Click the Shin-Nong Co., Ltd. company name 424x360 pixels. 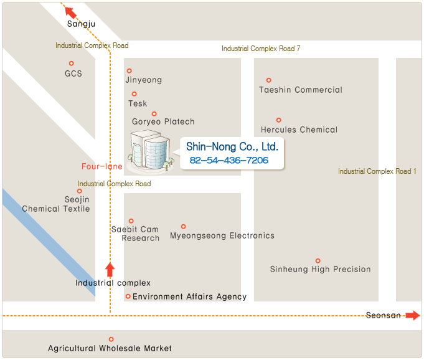coord(232,147)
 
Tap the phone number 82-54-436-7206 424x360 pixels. coord(228,161)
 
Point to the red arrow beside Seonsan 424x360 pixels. coord(412,316)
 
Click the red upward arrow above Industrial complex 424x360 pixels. coord(110,270)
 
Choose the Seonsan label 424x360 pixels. coord(384,316)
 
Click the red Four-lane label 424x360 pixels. coord(102,166)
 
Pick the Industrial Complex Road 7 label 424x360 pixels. coord(261,49)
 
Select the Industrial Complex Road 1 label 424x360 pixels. coord(377,171)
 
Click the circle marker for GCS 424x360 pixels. coord(72,64)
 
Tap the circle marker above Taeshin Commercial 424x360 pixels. coord(269,80)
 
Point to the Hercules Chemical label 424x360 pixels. coord(299,130)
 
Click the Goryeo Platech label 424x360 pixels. coord(163,122)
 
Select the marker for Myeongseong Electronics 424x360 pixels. coord(183,227)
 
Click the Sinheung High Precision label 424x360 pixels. coord(320,270)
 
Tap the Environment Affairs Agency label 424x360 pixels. coord(189,297)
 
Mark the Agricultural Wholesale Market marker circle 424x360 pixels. coord(111,339)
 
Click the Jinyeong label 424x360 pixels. coord(143,80)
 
